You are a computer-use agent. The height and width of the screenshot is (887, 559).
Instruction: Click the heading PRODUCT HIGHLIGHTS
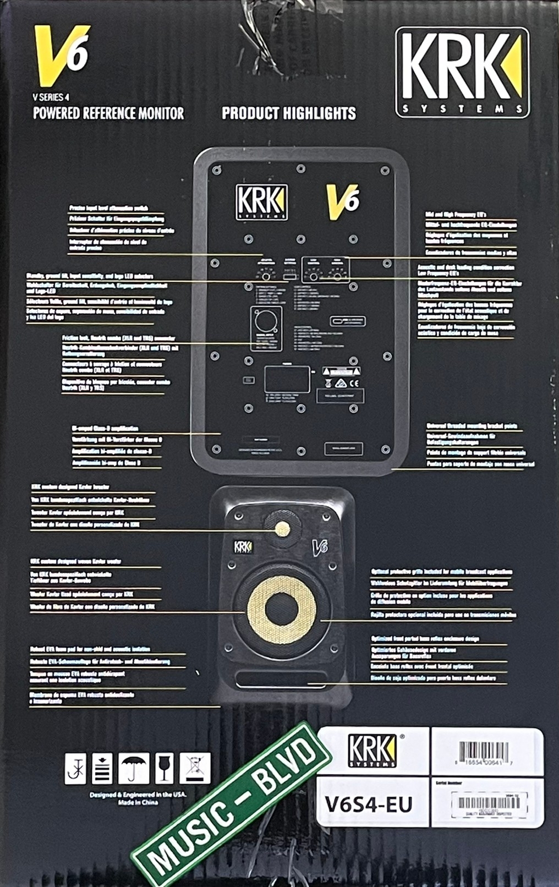pos(289,113)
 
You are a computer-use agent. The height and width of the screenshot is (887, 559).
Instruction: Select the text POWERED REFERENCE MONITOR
pos(108,113)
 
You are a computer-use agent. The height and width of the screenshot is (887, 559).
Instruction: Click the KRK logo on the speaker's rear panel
pos(261,202)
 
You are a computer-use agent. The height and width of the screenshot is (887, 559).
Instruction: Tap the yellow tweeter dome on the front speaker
pos(282,529)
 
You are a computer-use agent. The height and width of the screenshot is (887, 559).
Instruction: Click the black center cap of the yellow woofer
pos(281,609)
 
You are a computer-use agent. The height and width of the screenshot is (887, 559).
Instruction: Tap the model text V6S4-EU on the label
pos(368,804)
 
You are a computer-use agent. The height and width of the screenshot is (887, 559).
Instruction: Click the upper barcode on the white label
pos(484,751)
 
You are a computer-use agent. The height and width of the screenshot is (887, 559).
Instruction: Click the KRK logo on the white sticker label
pos(372,751)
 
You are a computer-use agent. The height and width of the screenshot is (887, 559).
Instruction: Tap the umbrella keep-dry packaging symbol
pos(134,768)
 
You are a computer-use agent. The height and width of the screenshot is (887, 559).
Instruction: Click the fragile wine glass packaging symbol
pos(164,768)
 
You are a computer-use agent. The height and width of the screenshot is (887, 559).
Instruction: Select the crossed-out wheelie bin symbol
pos(195,768)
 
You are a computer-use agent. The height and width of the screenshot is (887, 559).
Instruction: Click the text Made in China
pos(138,802)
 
